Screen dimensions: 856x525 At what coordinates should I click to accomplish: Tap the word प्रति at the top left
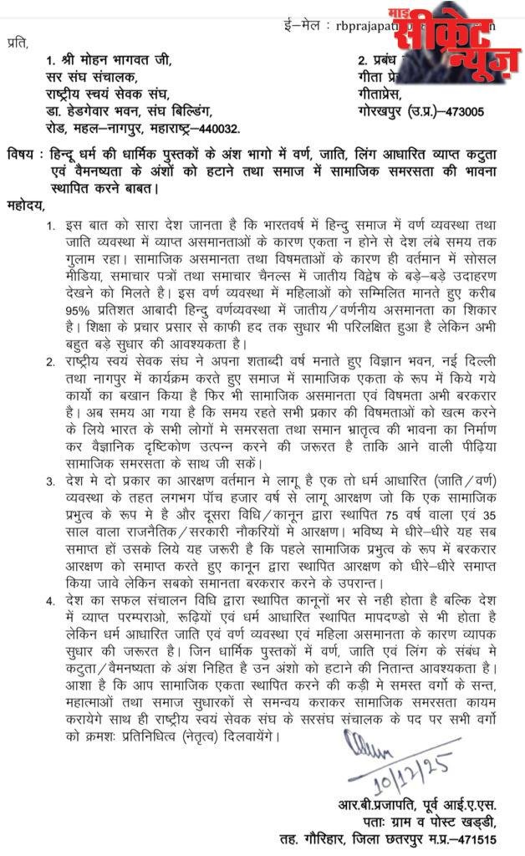click(16, 39)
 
